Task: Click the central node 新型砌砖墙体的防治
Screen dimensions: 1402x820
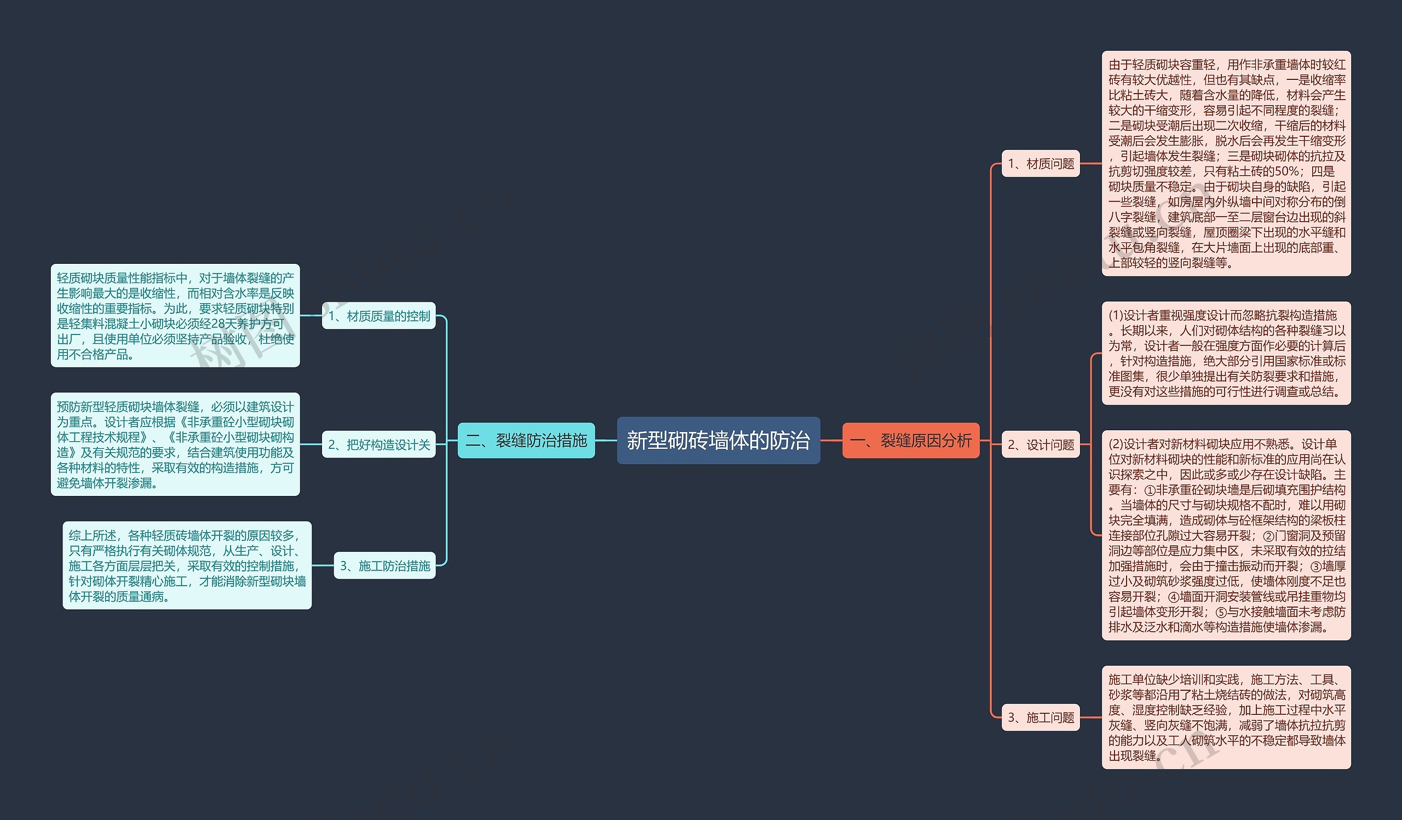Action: click(718, 440)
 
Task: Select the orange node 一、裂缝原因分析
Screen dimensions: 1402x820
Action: click(911, 440)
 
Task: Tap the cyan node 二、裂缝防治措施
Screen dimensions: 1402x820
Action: click(526, 440)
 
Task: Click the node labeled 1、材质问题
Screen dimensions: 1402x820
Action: click(1041, 164)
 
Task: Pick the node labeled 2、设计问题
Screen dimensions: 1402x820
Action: click(1041, 444)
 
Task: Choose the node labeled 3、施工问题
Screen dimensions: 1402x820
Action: click(1041, 717)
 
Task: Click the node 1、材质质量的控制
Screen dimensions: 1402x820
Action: click(379, 316)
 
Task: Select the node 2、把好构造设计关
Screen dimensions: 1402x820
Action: click(379, 444)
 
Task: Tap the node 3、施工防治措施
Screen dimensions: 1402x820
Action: click(384, 565)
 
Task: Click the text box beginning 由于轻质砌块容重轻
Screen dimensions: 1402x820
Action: click(1226, 164)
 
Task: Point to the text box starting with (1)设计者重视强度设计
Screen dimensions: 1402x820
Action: click(1226, 353)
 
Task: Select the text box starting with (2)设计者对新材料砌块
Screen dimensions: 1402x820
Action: click(1226, 535)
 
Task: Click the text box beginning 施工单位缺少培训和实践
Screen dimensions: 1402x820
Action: click(1226, 717)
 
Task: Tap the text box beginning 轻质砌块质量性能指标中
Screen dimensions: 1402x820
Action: click(175, 315)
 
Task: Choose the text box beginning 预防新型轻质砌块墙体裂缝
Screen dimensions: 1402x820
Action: click(175, 444)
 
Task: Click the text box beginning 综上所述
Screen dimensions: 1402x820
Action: click(187, 565)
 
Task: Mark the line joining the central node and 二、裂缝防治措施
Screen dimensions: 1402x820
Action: click(606, 440)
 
